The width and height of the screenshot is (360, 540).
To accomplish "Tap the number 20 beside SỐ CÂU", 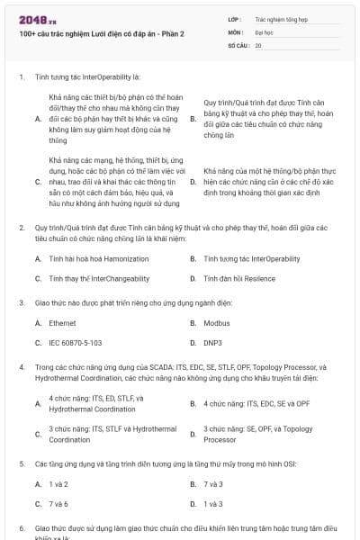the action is pos(258,44).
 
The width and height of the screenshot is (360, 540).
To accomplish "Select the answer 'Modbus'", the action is pos(215,322).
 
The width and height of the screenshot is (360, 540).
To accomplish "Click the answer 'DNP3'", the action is pos(213,343).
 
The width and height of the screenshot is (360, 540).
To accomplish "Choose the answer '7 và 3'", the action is pos(213,483).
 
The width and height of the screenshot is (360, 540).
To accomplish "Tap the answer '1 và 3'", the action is pos(213,504).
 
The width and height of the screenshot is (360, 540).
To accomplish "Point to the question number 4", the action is pos(21,367).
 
